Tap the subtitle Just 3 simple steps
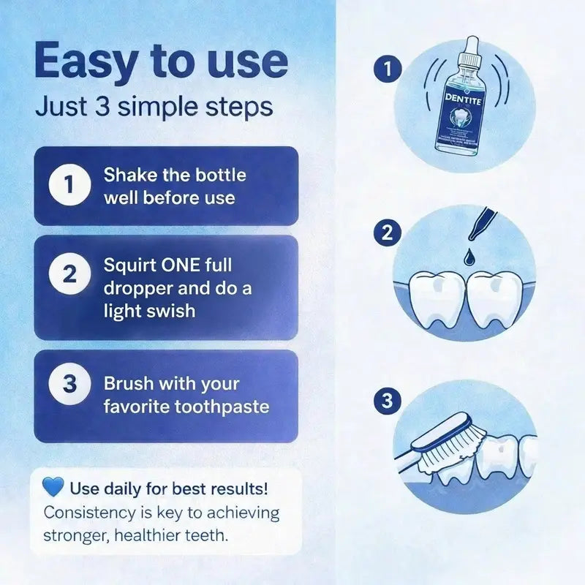click(154, 107)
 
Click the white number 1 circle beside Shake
click(69, 186)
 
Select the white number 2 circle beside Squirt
click(69, 276)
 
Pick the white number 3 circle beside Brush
click(69, 384)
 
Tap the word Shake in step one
click(129, 175)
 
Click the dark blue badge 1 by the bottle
click(384, 70)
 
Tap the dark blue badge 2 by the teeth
click(384, 234)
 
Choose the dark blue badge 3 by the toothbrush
click(384, 401)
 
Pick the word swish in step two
click(170, 310)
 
